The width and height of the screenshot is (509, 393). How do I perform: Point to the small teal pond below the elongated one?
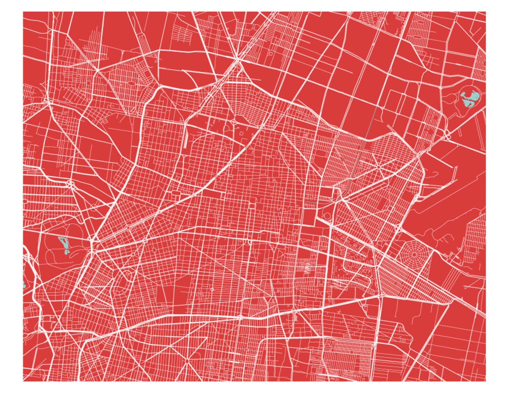(66, 252)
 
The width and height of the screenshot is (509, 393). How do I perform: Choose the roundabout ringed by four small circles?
(70, 184)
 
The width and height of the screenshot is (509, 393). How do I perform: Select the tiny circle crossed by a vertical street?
(212, 290)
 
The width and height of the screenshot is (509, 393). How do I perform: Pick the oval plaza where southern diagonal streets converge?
(187, 361)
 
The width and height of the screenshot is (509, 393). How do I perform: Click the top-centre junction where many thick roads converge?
(237, 59)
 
